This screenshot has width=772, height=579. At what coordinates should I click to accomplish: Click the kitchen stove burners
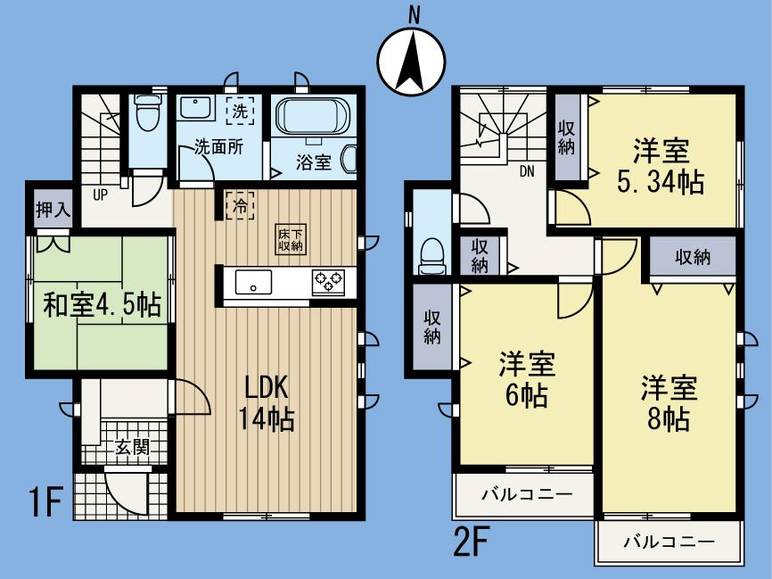[327, 282]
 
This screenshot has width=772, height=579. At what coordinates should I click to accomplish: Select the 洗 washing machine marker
[240, 112]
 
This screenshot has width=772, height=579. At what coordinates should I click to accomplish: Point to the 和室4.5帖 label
[103, 306]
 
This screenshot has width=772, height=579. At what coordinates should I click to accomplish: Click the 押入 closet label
[52, 211]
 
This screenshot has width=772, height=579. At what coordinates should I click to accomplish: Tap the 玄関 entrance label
[130, 448]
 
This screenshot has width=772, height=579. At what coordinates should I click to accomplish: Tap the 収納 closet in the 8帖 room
[692, 258]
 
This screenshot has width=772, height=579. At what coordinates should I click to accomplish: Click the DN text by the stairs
[528, 173]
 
